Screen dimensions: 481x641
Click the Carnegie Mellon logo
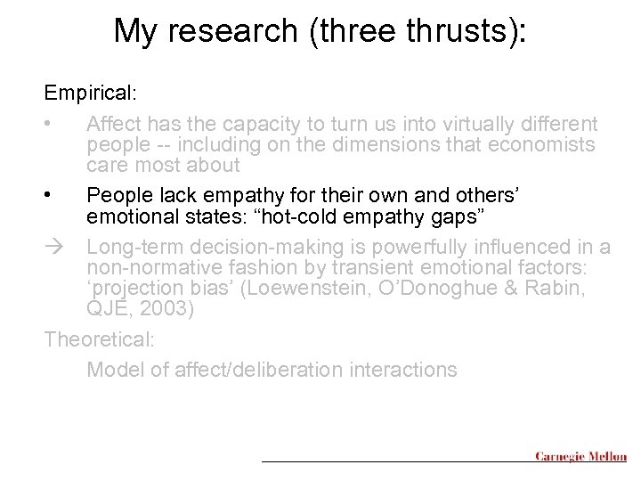pyautogui.click(x=580, y=457)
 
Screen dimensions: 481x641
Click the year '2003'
pyautogui.click(x=173, y=309)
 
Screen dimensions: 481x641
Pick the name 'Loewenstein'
pyautogui.click(x=309, y=289)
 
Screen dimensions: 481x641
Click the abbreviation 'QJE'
pyautogui.click(x=111, y=309)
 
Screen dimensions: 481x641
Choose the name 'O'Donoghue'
pyautogui.click(x=450, y=289)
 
